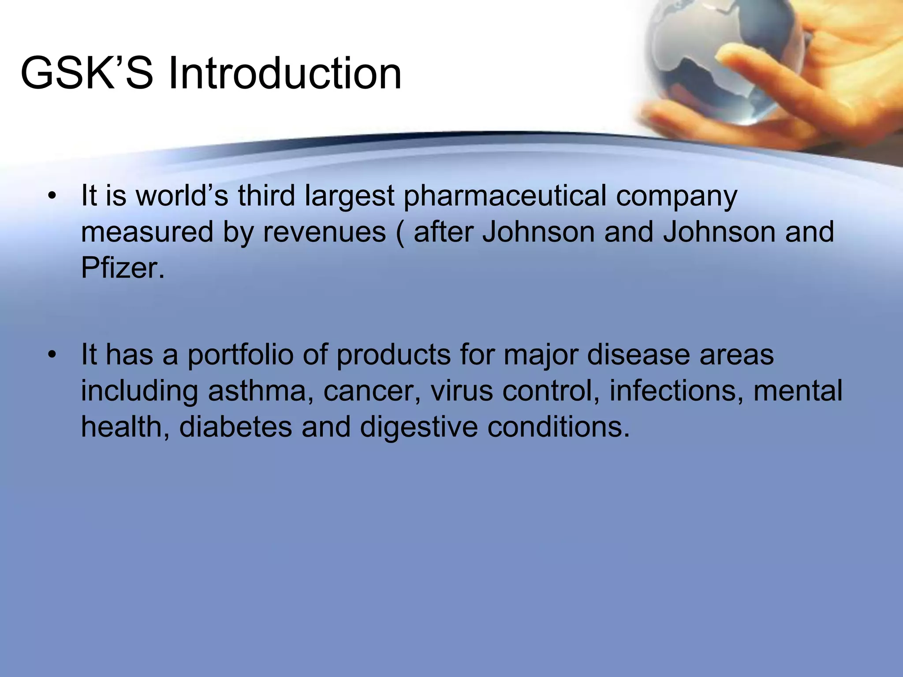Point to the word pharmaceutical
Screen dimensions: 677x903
click(x=505, y=196)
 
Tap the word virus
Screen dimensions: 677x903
click(x=461, y=391)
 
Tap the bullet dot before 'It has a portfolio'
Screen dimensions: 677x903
click(x=52, y=355)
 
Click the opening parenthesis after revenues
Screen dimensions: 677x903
click(x=399, y=233)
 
